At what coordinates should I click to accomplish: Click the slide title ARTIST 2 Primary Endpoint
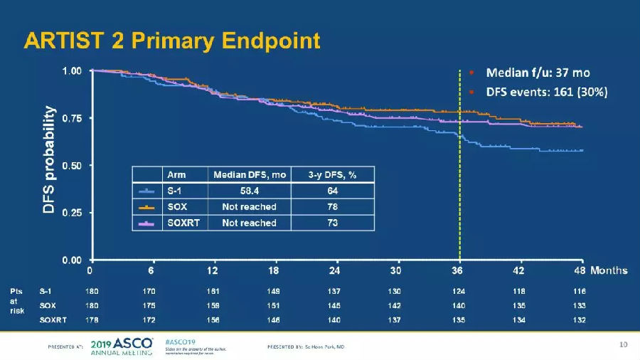point(171,41)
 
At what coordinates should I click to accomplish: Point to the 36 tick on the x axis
point(459,271)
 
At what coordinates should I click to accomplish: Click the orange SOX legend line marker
point(147,207)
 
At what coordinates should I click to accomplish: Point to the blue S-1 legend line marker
point(147,191)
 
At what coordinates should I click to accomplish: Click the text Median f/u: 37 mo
point(538,73)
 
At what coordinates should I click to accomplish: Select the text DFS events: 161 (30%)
point(546,92)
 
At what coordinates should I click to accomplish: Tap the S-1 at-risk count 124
point(459,291)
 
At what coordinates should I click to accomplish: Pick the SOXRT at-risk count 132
point(580,319)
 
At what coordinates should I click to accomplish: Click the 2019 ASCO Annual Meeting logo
point(122,346)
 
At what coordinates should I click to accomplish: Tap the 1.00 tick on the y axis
point(72,71)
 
